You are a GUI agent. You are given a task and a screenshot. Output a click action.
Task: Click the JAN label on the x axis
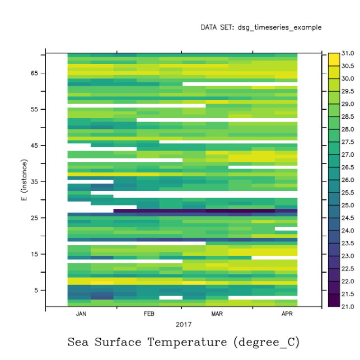tap(81, 314)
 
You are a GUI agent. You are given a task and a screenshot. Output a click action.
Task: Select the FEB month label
tap(149, 314)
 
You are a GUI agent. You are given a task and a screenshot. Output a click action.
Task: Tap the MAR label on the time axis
tap(217, 314)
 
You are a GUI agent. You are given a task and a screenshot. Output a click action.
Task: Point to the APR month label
tap(287, 314)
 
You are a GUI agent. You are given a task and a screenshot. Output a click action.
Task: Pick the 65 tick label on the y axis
tap(34, 73)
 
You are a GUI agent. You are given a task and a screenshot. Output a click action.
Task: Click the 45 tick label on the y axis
tap(34, 146)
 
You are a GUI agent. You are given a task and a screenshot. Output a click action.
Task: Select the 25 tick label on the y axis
tap(34, 218)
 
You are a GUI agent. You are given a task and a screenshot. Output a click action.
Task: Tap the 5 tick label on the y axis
tap(36, 290)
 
